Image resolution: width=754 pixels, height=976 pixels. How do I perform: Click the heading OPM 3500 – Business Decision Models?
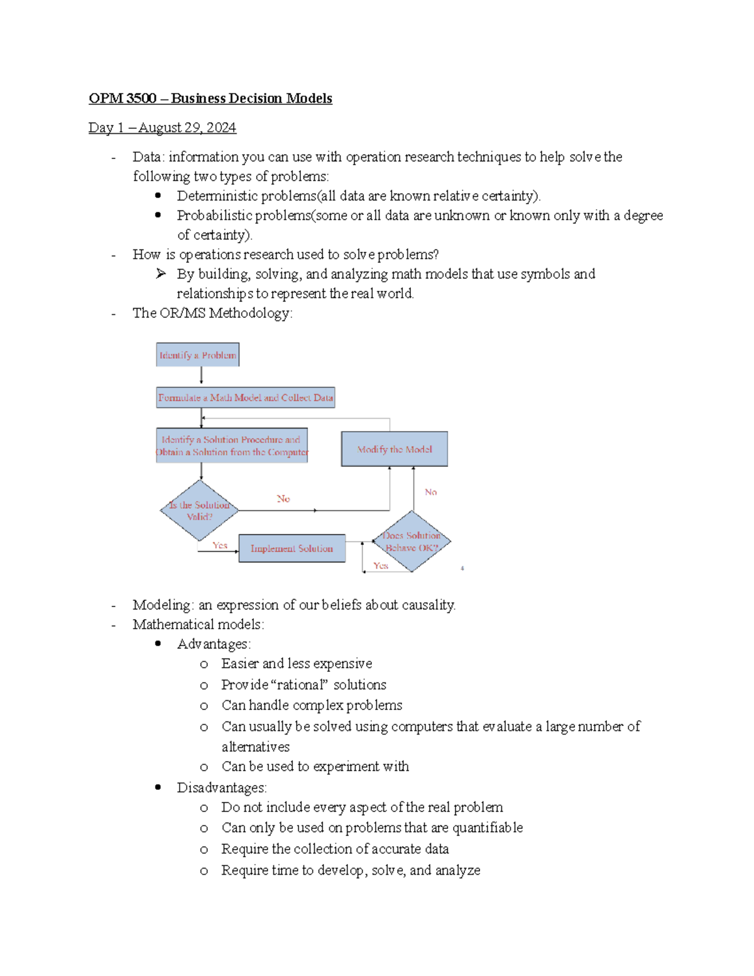210,98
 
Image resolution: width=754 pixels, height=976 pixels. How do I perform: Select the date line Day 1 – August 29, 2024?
162,128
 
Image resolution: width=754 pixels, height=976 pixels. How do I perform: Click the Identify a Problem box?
197,355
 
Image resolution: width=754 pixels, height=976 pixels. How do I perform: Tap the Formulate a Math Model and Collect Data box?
245,398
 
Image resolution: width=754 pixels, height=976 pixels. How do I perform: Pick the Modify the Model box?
394,449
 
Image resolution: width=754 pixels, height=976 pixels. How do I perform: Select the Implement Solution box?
292,548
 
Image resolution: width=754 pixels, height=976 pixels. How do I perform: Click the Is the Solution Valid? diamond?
199,510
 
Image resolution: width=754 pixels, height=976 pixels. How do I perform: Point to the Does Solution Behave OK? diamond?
412,541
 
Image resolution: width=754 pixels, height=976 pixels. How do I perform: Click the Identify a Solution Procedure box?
232,446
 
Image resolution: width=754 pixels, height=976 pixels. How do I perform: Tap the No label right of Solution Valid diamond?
283,499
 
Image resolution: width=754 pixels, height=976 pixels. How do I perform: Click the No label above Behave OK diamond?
430,492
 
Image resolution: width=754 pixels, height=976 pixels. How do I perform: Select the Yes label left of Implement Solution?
219,546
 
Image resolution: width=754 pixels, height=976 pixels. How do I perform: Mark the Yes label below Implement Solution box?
380,566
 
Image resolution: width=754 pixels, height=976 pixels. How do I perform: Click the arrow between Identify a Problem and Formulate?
201,376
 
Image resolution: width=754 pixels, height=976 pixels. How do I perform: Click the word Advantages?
213,644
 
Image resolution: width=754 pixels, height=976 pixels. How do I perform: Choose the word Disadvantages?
221,787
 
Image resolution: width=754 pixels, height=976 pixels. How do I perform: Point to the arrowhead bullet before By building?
161,273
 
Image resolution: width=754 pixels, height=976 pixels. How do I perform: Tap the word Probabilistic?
214,216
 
